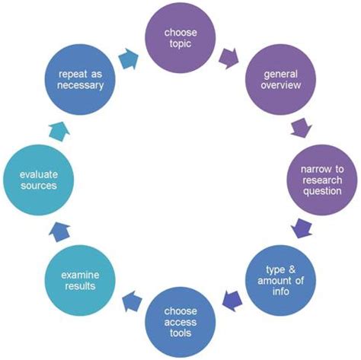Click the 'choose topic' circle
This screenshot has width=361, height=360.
180,38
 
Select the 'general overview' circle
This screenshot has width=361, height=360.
280,79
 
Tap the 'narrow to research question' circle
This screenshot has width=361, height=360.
322,180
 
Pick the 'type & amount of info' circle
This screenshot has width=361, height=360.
280,280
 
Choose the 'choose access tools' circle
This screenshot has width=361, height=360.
180,322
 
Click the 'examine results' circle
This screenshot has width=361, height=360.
80,280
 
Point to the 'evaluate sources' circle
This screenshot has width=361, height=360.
38,180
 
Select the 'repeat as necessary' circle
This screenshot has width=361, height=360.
80,79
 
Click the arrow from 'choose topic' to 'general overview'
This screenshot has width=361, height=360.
228,59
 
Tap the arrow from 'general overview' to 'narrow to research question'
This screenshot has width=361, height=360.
302,128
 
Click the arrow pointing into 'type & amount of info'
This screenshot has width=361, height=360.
302,228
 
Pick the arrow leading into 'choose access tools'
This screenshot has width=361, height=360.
232,301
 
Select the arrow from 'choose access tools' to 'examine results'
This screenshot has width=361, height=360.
132,301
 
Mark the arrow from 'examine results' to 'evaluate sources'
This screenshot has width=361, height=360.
59,231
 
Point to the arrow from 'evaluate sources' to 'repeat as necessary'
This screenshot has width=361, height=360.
59,131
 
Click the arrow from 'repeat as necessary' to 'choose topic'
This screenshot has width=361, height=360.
129,59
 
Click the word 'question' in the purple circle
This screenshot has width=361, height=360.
322,192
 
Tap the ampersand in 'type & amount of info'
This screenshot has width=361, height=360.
292,269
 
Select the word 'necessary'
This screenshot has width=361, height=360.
80,85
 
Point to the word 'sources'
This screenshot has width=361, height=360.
39,186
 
